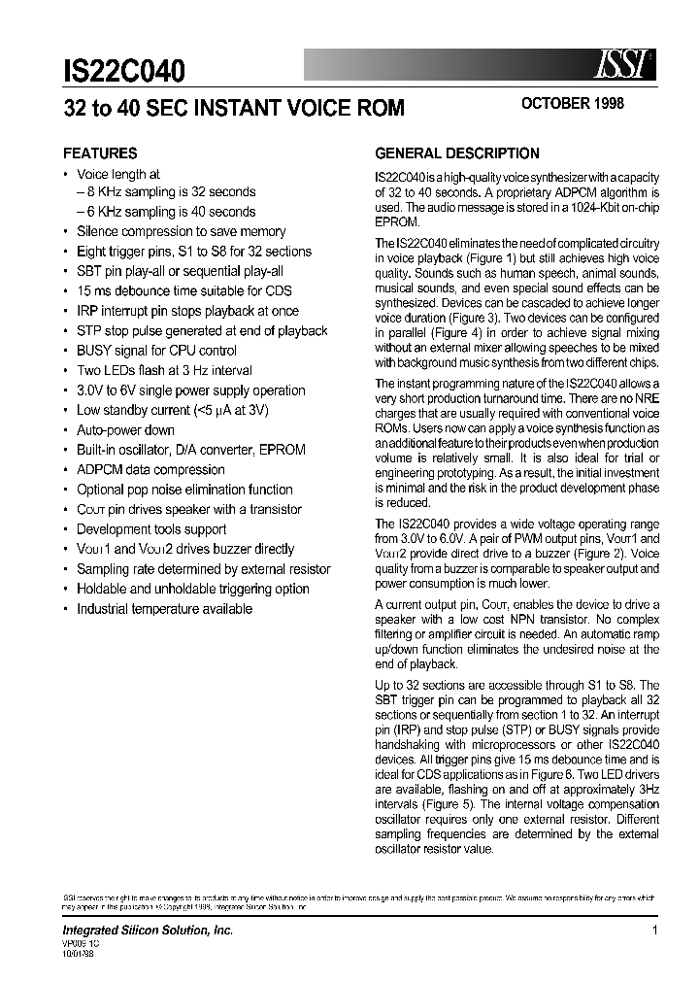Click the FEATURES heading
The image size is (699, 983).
(x=100, y=153)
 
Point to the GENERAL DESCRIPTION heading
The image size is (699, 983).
(x=456, y=153)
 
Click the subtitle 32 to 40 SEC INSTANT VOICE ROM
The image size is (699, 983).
(x=233, y=108)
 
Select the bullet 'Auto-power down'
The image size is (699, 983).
(x=125, y=430)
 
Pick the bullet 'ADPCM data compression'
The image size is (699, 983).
(x=150, y=470)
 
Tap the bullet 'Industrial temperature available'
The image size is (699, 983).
(x=164, y=609)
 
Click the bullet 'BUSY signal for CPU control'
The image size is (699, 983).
(x=156, y=351)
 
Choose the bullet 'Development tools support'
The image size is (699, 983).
(x=151, y=529)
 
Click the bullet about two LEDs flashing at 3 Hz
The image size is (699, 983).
(x=164, y=370)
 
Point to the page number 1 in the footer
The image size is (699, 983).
(x=655, y=930)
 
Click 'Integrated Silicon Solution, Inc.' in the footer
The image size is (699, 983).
(x=148, y=931)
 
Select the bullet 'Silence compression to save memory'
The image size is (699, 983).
(x=181, y=231)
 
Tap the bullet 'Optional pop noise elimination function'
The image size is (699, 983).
(x=184, y=490)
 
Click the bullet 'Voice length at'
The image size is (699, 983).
(x=118, y=173)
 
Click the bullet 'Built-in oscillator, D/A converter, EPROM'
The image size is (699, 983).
(x=190, y=450)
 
